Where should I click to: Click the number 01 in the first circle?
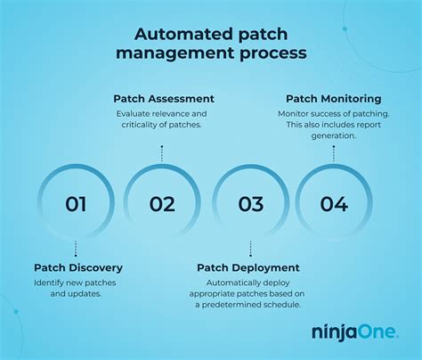[76, 204]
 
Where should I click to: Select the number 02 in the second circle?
[162, 204]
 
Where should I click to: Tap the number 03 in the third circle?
[250, 204]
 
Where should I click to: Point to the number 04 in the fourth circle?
[334, 204]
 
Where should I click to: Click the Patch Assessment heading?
[163, 98]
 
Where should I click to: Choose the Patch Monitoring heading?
[333, 98]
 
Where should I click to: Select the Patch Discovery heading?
[78, 267]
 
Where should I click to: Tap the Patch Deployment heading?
[248, 267]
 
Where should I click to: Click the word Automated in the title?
[175, 37]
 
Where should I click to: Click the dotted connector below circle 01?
[76, 249]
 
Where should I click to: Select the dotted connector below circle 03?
[250, 249]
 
